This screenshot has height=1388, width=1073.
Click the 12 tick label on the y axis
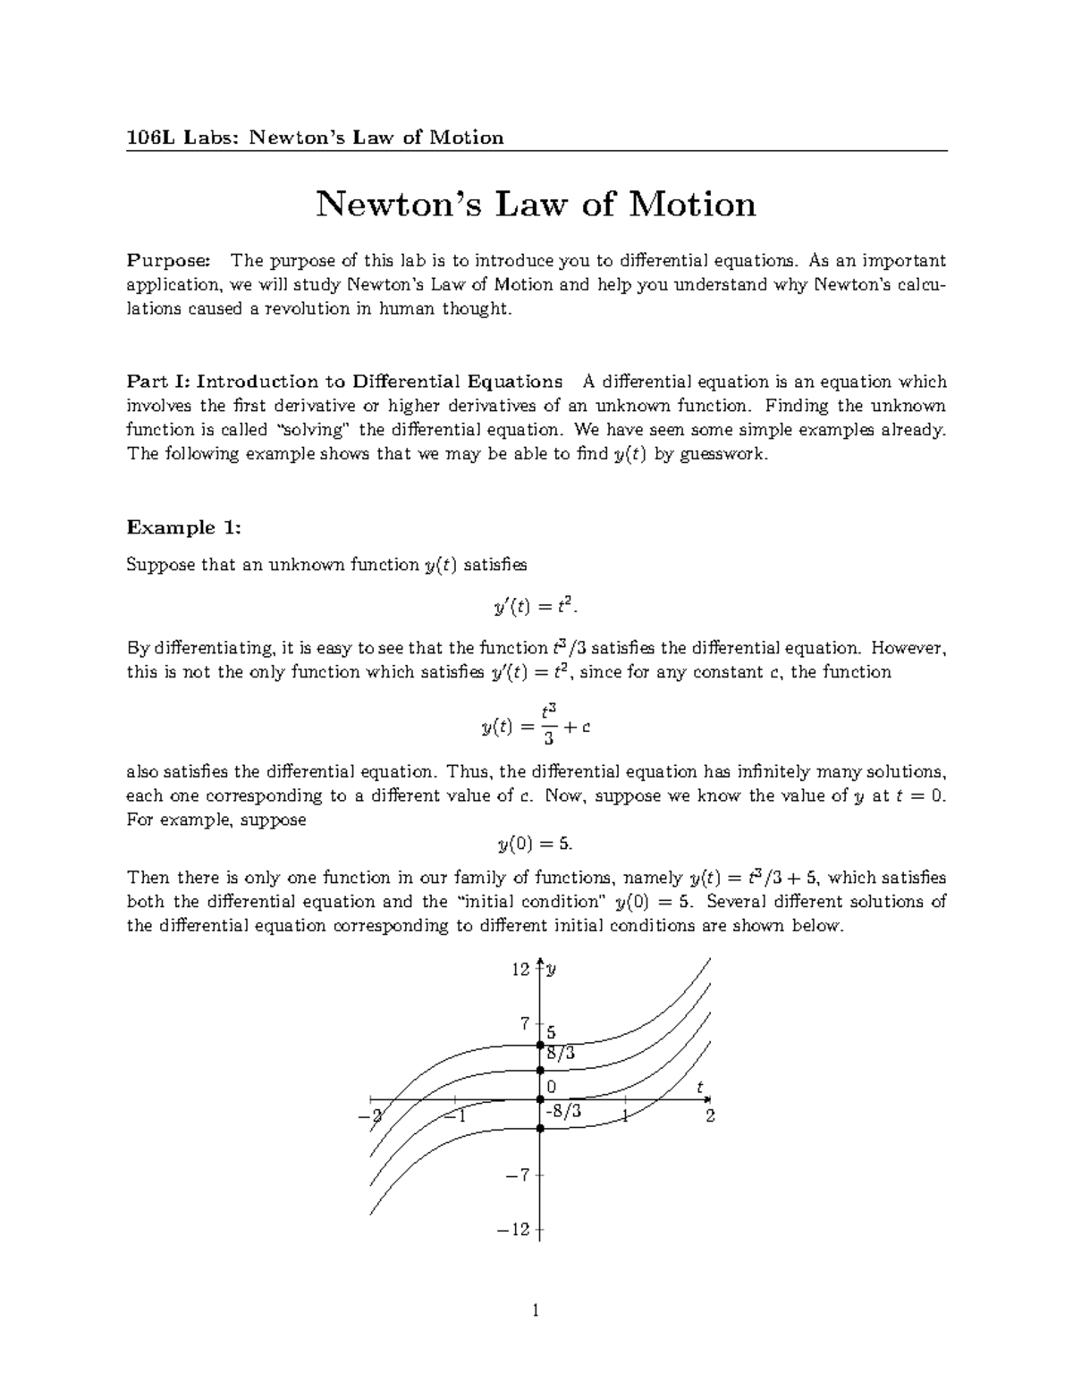[x=520, y=970]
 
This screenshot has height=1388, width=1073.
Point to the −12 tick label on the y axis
[x=516, y=1230]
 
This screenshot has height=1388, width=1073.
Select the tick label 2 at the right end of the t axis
[x=711, y=1115]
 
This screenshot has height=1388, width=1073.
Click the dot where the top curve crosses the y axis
[x=539, y=1045]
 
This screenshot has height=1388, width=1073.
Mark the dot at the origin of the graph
[x=539, y=1100]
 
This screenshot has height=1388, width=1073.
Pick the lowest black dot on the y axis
[x=539, y=1129]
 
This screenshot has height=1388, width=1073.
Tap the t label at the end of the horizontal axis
[x=701, y=1087]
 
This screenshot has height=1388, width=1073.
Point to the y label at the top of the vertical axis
[x=552, y=970]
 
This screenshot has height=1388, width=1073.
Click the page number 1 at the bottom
[x=536, y=1312]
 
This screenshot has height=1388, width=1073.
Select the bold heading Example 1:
[x=184, y=527]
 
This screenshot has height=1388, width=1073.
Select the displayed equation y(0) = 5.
[x=536, y=844]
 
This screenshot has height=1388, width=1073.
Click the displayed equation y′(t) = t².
[x=536, y=608]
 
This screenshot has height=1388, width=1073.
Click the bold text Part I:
[x=158, y=383]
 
